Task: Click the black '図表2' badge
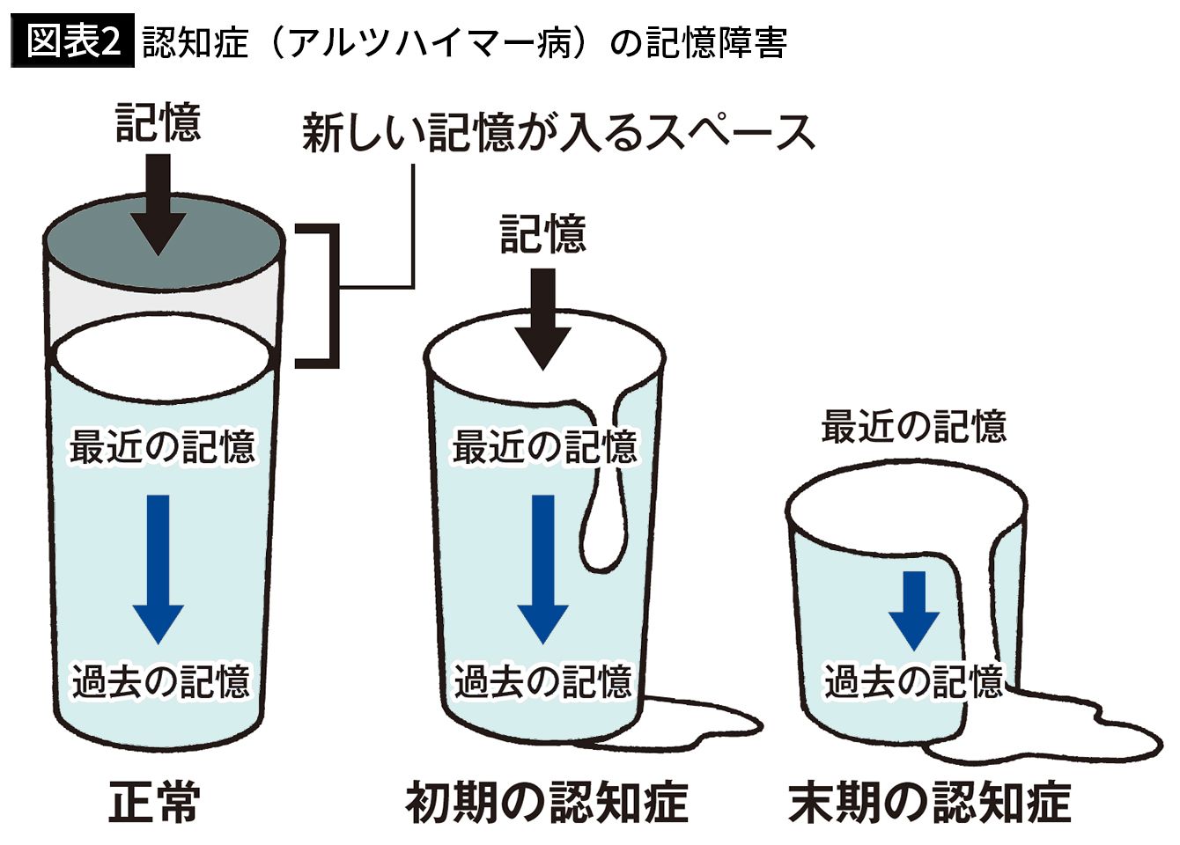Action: point(73,41)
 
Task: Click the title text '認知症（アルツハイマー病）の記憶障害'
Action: point(464,42)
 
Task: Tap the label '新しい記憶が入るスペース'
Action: point(558,133)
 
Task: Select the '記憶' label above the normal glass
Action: point(159,122)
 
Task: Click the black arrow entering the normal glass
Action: point(159,202)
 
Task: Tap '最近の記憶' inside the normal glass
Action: point(162,446)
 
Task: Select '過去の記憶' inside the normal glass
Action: point(161,680)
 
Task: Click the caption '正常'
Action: point(155,802)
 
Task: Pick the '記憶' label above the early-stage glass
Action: point(543,234)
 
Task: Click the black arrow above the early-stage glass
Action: point(543,317)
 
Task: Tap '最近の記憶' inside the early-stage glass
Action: point(543,446)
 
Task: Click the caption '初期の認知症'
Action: point(546,802)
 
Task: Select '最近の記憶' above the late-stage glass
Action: point(913,426)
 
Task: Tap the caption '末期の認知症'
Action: point(929,802)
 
